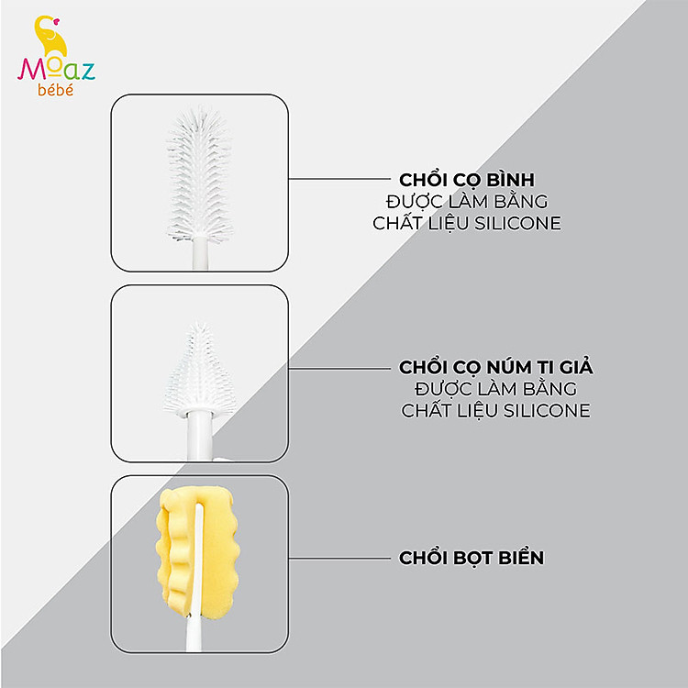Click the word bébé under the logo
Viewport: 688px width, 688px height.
pos(55,90)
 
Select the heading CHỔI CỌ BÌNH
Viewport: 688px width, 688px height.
pos(467,180)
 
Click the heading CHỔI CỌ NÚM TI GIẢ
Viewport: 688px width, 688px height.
pos(495,367)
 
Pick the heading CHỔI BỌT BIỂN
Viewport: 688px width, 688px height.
pos(472,558)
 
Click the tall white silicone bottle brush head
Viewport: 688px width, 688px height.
pos(200,174)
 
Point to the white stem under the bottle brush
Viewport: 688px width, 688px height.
pos(200,253)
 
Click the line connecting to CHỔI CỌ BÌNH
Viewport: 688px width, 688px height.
pos(339,179)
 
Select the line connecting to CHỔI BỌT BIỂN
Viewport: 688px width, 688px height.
pos(339,558)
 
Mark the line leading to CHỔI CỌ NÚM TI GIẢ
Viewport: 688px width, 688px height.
pos(339,369)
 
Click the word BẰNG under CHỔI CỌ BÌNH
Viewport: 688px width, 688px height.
pos(521,201)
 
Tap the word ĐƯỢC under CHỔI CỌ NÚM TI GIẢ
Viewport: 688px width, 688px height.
pos(442,388)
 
